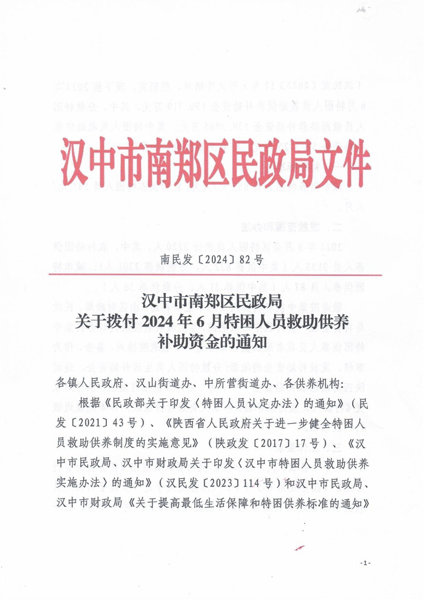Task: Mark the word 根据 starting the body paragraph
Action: click(89, 402)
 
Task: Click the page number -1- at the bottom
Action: click(365, 563)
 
